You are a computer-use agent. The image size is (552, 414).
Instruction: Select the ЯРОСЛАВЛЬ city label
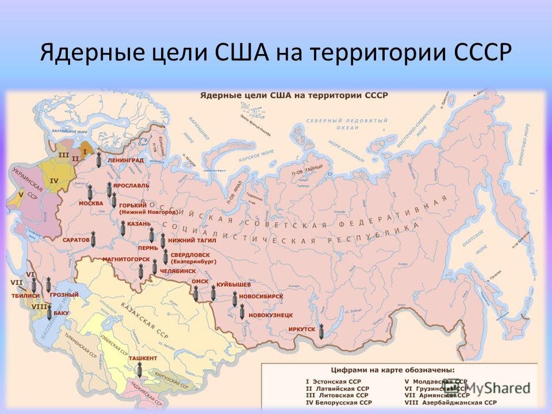(131, 186)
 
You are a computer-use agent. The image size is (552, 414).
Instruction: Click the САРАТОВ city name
(76, 239)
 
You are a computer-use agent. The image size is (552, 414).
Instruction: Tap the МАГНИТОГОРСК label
(122, 259)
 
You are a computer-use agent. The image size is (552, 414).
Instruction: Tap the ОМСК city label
(199, 281)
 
